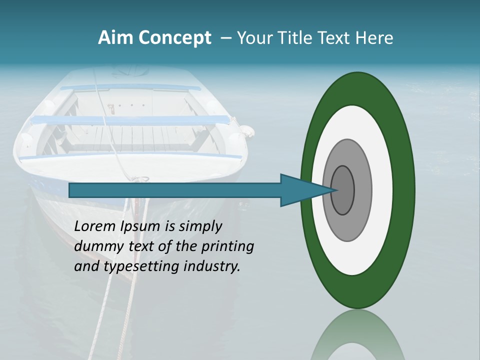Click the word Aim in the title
click(x=115, y=37)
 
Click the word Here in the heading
click(x=374, y=38)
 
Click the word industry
click(x=212, y=267)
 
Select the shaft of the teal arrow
click(x=175, y=190)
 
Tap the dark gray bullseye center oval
click(x=343, y=190)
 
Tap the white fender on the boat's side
click(x=246, y=130)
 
